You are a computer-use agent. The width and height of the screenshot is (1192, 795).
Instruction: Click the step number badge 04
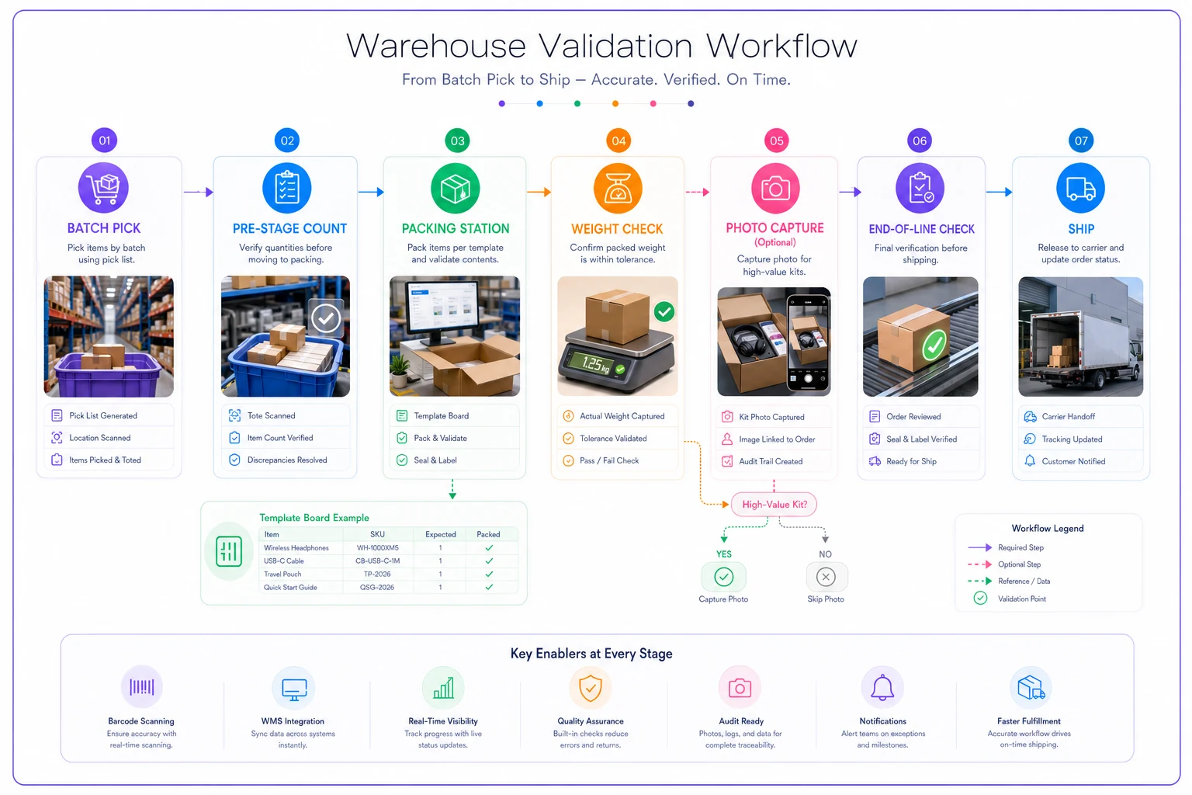click(x=619, y=141)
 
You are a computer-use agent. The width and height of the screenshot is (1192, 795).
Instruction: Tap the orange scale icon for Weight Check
click(x=618, y=189)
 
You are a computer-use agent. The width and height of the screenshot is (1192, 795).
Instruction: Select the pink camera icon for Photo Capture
click(x=775, y=189)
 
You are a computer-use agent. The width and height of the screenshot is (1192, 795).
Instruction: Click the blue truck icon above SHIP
click(x=1080, y=189)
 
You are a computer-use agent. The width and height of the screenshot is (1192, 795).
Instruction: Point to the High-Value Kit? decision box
click(x=774, y=505)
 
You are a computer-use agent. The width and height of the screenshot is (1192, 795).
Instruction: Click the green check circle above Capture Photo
click(x=724, y=577)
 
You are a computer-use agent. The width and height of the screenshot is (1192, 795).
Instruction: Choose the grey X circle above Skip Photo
click(x=826, y=577)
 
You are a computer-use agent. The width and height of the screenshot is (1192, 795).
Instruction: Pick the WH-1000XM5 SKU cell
click(x=377, y=547)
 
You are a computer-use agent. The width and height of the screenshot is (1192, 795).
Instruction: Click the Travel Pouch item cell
click(x=282, y=574)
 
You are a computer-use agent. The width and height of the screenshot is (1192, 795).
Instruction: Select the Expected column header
click(x=441, y=534)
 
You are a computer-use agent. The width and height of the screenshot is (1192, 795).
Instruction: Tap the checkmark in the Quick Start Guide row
click(x=489, y=587)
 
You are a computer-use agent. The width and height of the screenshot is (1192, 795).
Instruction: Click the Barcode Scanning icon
click(x=141, y=687)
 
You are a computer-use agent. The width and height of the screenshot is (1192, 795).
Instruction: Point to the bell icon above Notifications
click(x=882, y=687)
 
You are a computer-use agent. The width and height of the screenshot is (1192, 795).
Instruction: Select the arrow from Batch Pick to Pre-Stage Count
click(x=199, y=192)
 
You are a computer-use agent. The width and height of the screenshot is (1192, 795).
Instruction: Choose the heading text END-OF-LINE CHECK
click(x=922, y=229)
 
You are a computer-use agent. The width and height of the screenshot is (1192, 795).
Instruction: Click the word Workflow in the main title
click(x=781, y=46)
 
